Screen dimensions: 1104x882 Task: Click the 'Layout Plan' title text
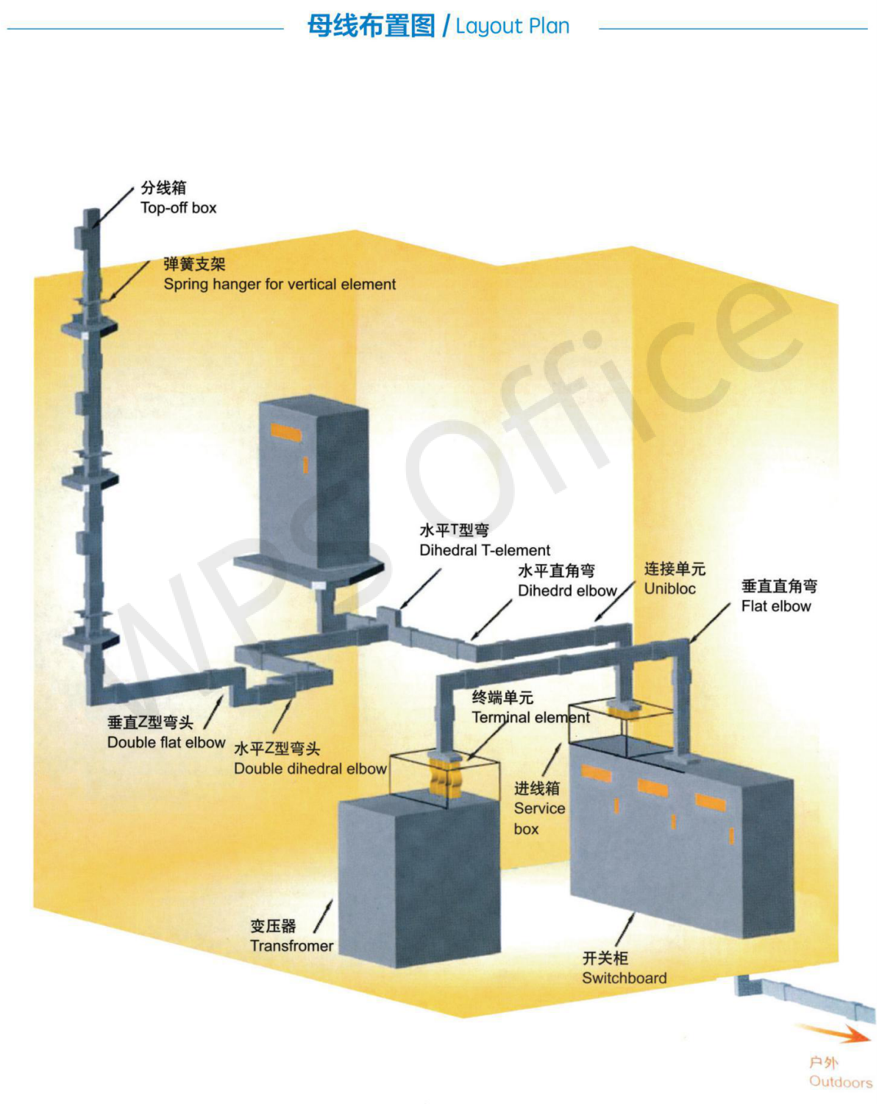click(x=512, y=26)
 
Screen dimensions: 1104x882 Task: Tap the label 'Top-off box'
click(x=179, y=208)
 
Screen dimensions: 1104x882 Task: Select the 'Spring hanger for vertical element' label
click(x=280, y=285)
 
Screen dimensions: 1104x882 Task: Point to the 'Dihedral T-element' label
click(x=485, y=550)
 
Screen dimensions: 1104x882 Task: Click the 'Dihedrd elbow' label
click(x=567, y=591)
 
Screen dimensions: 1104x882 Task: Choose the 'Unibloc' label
click(x=669, y=588)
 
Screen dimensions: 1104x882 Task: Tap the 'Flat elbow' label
click(x=776, y=606)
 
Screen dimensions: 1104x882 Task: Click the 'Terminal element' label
click(x=530, y=717)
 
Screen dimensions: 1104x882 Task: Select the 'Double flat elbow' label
click(x=166, y=742)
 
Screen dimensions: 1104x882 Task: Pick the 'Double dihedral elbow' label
click(x=310, y=769)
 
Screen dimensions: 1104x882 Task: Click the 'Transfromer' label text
click(x=291, y=946)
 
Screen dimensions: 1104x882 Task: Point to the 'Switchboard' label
click(x=624, y=978)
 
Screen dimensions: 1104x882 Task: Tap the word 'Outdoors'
click(x=840, y=1081)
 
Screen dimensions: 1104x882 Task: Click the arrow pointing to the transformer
click(x=324, y=916)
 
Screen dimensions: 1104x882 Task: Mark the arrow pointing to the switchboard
click(x=625, y=930)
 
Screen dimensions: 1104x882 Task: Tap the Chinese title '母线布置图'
click(x=371, y=26)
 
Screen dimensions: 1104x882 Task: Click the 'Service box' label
click(x=539, y=809)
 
